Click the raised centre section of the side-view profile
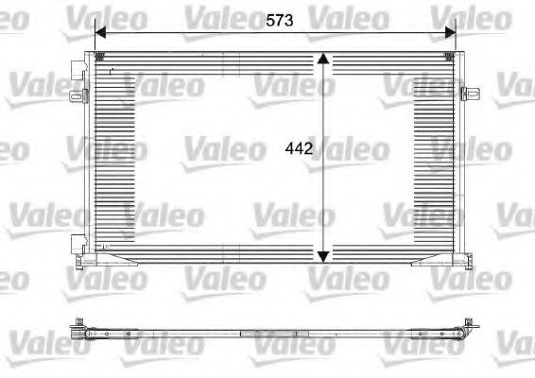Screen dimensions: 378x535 274,334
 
